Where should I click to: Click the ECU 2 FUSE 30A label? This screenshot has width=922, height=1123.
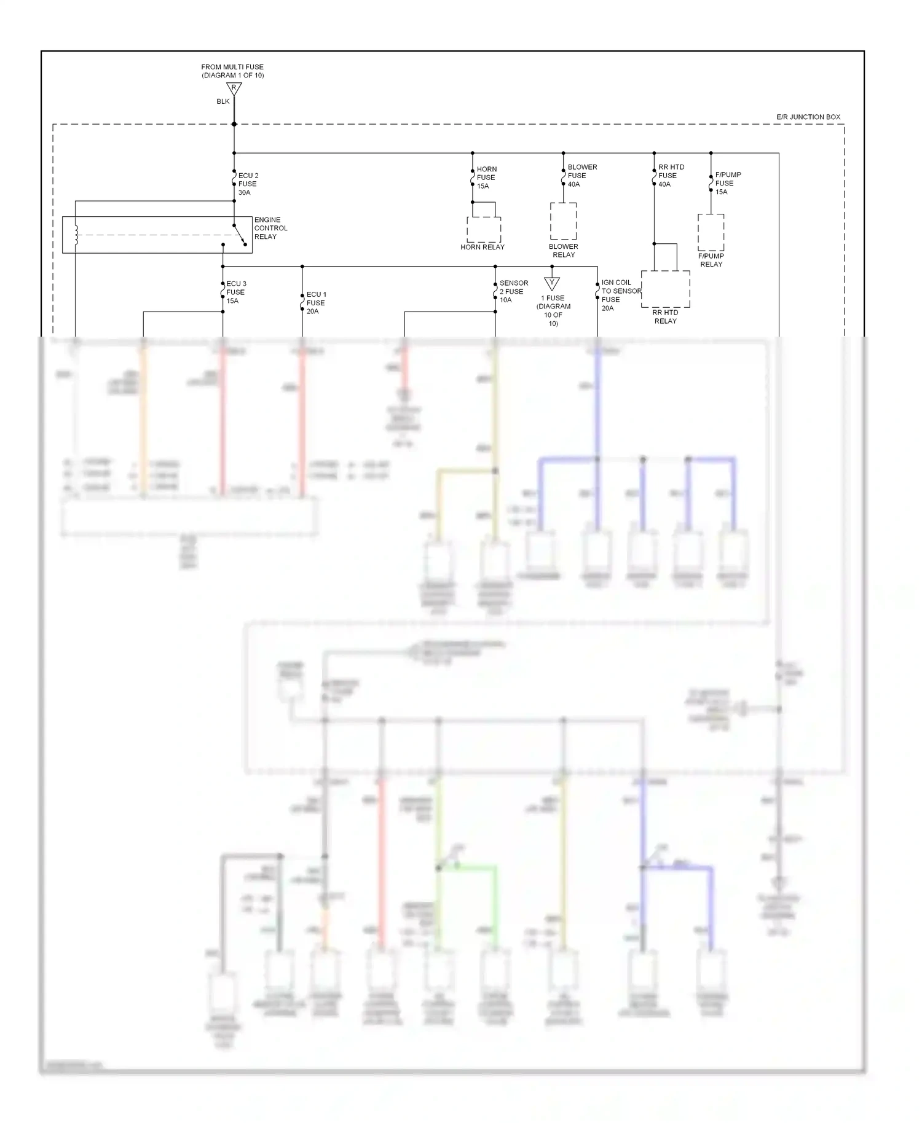(x=248, y=184)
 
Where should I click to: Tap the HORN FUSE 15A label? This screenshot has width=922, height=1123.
(x=486, y=178)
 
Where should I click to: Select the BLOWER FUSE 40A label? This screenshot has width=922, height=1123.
(x=581, y=176)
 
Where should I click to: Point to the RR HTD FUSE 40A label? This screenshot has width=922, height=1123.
(x=671, y=176)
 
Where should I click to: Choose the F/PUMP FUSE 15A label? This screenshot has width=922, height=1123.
(x=727, y=183)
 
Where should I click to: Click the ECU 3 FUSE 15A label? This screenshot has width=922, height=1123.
(x=235, y=292)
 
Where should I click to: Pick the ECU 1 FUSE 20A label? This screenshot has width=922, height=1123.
(x=316, y=303)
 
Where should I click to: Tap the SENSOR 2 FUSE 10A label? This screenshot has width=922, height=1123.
(x=513, y=292)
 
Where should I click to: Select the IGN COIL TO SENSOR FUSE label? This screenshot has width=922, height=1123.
(x=620, y=295)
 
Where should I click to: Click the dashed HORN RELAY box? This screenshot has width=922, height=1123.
(x=484, y=229)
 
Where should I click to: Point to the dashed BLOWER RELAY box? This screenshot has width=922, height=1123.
(x=563, y=221)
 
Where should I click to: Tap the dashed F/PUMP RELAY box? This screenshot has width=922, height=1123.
(x=711, y=232)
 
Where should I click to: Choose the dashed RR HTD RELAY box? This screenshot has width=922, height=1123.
(x=665, y=289)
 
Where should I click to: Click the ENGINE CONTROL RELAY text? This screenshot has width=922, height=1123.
(x=270, y=228)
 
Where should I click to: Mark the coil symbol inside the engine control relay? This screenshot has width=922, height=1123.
(x=76, y=235)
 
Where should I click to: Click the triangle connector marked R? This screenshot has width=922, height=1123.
(x=234, y=89)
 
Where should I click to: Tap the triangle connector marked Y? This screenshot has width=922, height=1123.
(x=551, y=284)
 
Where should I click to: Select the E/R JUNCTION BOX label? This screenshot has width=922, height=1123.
(x=808, y=117)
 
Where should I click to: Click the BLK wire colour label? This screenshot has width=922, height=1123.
(x=223, y=101)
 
